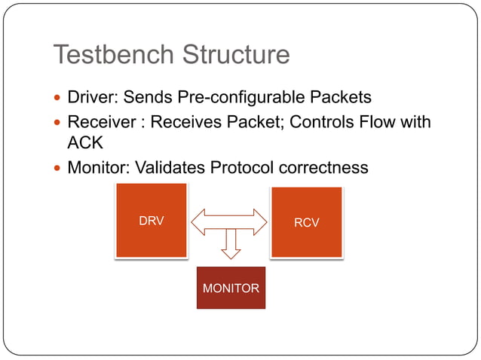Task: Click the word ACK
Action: [84, 143]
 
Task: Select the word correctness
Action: [326, 167]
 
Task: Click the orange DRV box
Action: [151, 221]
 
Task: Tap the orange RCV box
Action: [306, 222]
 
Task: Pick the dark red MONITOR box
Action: [231, 288]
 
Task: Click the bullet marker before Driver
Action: [58, 99]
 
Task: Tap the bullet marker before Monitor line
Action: [58, 168]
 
